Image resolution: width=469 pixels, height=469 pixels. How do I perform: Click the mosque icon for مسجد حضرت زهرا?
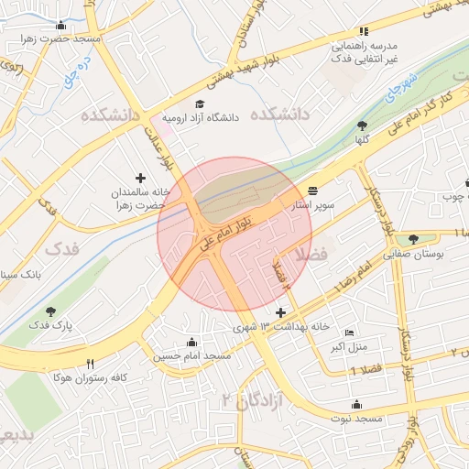(x=61, y=26)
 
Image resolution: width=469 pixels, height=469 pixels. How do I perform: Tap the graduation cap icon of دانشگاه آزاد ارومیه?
(x=201, y=104)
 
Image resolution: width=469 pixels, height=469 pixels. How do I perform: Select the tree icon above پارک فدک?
(x=50, y=312)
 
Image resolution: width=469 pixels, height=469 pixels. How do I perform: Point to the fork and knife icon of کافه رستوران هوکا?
(x=90, y=364)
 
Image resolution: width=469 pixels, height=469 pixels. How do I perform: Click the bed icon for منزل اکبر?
(x=348, y=333)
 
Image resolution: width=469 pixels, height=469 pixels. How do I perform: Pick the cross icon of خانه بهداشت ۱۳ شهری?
(x=280, y=313)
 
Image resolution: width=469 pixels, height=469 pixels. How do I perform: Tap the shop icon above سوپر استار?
(x=313, y=191)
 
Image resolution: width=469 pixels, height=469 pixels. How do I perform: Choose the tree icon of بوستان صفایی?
(x=414, y=240)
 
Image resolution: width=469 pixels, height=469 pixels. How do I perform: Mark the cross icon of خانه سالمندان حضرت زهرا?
(x=140, y=178)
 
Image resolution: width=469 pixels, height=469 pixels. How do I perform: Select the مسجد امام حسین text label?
(x=191, y=354)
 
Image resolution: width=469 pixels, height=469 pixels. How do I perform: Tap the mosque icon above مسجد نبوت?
(x=355, y=404)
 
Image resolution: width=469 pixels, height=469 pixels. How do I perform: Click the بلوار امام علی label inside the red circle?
(x=236, y=220)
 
